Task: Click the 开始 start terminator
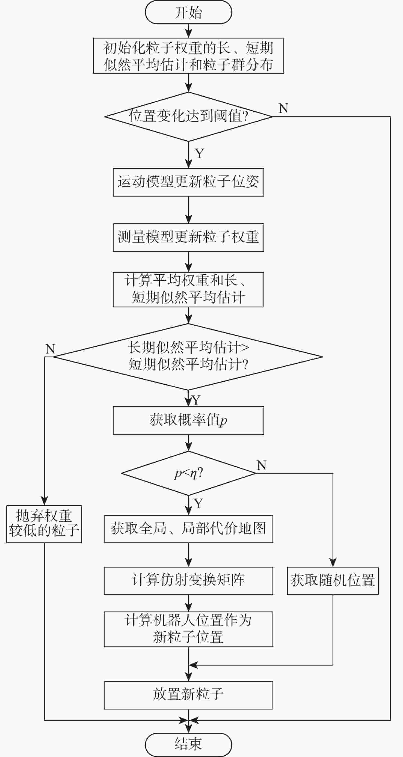click(x=188, y=12)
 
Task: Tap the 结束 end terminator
click(x=188, y=744)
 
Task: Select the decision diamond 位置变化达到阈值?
click(x=188, y=116)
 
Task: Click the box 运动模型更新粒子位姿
click(x=188, y=182)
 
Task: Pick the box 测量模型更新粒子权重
click(x=188, y=238)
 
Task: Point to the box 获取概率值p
click(x=188, y=420)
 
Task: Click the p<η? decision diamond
click(x=188, y=473)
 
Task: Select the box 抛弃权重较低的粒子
click(x=44, y=524)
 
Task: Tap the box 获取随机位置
click(x=333, y=581)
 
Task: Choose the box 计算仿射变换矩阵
click(x=188, y=581)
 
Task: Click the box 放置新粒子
click(x=188, y=695)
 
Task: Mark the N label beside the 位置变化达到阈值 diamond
click(x=283, y=108)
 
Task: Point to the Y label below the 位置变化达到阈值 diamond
click(x=199, y=153)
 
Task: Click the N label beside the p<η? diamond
click(x=261, y=465)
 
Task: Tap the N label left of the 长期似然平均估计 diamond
click(x=50, y=349)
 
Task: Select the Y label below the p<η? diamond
click(x=198, y=503)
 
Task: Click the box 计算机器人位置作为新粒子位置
click(x=188, y=629)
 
